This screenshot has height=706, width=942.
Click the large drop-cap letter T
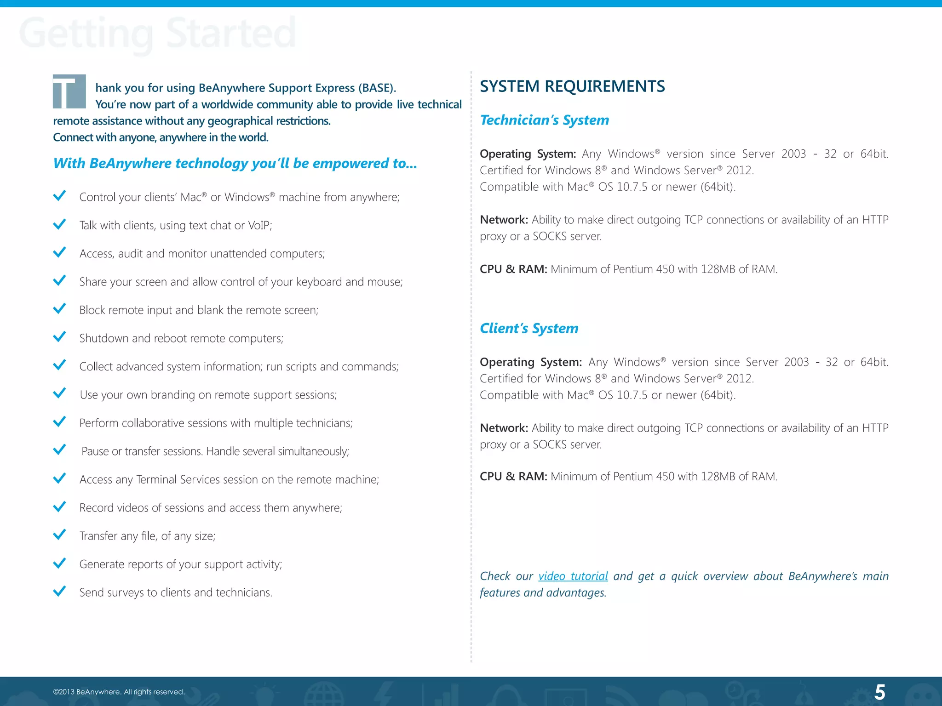coord(69,91)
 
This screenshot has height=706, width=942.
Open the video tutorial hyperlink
coord(573,576)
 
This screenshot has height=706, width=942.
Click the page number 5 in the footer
coord(879,692)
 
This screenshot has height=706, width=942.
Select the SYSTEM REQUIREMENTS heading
coord(572,86)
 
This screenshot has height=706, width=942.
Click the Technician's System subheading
coord(544,120)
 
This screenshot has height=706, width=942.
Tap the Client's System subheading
coord(529,328)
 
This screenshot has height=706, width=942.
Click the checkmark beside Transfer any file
coord(59,535)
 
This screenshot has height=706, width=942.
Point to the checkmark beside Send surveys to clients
coord(59,591)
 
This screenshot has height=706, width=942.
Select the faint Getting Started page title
coord(157,33)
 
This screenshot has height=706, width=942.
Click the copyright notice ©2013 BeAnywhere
coord(119,692)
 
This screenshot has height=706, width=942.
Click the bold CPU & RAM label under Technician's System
coord(513,269)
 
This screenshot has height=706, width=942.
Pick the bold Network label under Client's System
coord(504,428)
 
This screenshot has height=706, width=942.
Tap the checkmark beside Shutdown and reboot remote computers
coord(59,337)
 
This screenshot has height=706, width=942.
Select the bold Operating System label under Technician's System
coord(528,154)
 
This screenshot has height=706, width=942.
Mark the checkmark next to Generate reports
coord(59,563)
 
